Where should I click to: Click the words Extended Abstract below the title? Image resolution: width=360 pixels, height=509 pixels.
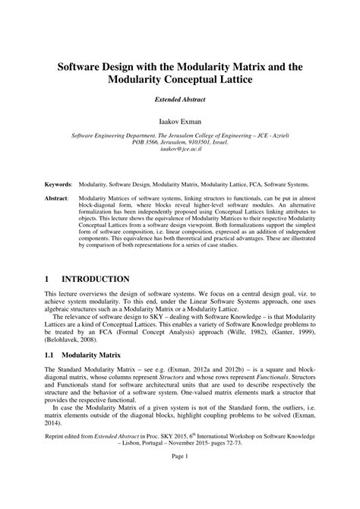pyautogui.click(x=180, y=99)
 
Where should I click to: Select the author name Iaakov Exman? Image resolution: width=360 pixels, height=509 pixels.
pyautogui.click(x=180, y=121)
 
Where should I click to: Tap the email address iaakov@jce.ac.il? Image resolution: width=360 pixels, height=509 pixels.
pyautogui.click(x=180, y=150)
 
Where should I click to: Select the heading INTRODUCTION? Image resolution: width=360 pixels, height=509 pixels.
pyautogui.click(x=101, y=279)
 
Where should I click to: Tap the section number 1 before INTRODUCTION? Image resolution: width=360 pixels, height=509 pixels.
pyautogui.click(x=47, y=279)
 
